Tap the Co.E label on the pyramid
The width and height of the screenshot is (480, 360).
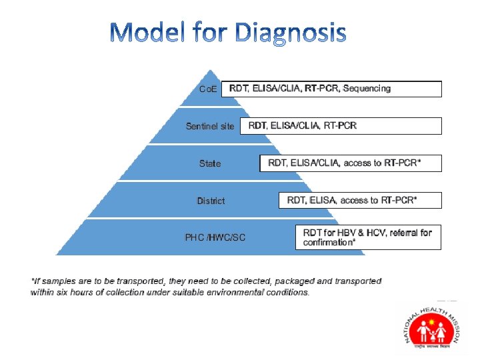pyautogui.click(x=208, y=89)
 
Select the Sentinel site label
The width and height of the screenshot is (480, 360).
pyautogui.click(x=210, y=126)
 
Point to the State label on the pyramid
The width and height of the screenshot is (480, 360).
pyautogui.click(x=210, y=163)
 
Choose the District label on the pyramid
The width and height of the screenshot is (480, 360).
pyautogui.click(x=211, y=201)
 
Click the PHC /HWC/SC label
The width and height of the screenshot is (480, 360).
pyautogui.click(x=215, y=237)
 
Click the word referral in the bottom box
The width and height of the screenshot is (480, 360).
pyautogui.click(x=397, y=233)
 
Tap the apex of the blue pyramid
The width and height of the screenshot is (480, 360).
pyautogui.click(x=211, y=71)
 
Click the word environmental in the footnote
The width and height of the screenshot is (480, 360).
pyautogui.click(x=241, y=292)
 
